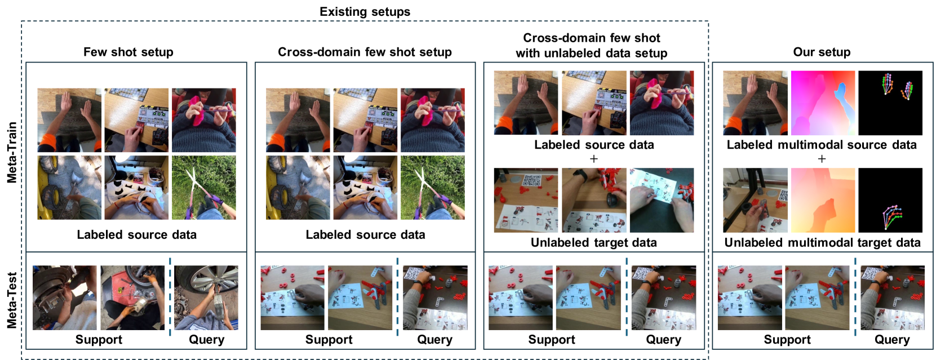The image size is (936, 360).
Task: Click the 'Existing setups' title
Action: tap(365, 11)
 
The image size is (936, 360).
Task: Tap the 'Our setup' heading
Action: tap(822, 52)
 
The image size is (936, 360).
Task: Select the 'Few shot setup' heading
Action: tap(128, 52)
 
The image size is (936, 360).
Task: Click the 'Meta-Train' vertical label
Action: tap(12, 153)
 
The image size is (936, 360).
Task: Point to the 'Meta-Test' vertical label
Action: tap(12, 300)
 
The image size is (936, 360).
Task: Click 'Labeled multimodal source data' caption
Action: tap(822, 144)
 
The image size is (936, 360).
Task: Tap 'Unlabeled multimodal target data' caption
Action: tap(822, 242)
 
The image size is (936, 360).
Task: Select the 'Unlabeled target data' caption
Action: tap(593, 242)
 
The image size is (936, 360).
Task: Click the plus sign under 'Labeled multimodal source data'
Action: tap(822, 159)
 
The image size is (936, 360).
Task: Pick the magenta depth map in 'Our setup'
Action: tap(822, 103)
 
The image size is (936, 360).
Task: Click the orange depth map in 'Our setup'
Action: tap(822, 200)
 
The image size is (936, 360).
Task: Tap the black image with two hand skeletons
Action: tap(890, 103)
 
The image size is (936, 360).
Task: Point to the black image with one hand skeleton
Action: tap(890, 200)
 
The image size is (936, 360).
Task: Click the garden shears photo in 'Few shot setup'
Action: tap(204, 188)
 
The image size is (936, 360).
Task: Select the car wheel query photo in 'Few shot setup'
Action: tap(206, 298)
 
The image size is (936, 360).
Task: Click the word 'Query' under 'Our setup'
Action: tap(892, 340)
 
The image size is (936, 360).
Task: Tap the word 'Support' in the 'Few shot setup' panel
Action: tap(99, 340)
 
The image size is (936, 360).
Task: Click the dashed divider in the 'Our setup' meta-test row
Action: tap(855, 297)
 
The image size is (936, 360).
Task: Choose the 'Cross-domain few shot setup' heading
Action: tap(365, 52)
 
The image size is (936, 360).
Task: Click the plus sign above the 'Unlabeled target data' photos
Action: tap(593, 159)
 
